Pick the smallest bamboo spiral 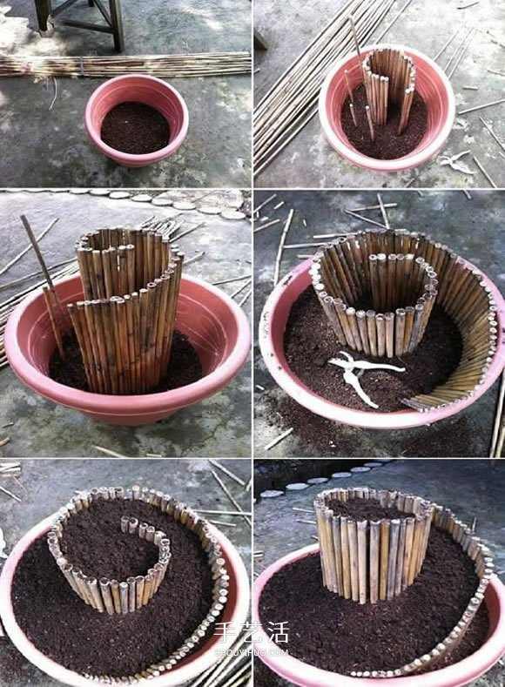click(388, 87)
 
